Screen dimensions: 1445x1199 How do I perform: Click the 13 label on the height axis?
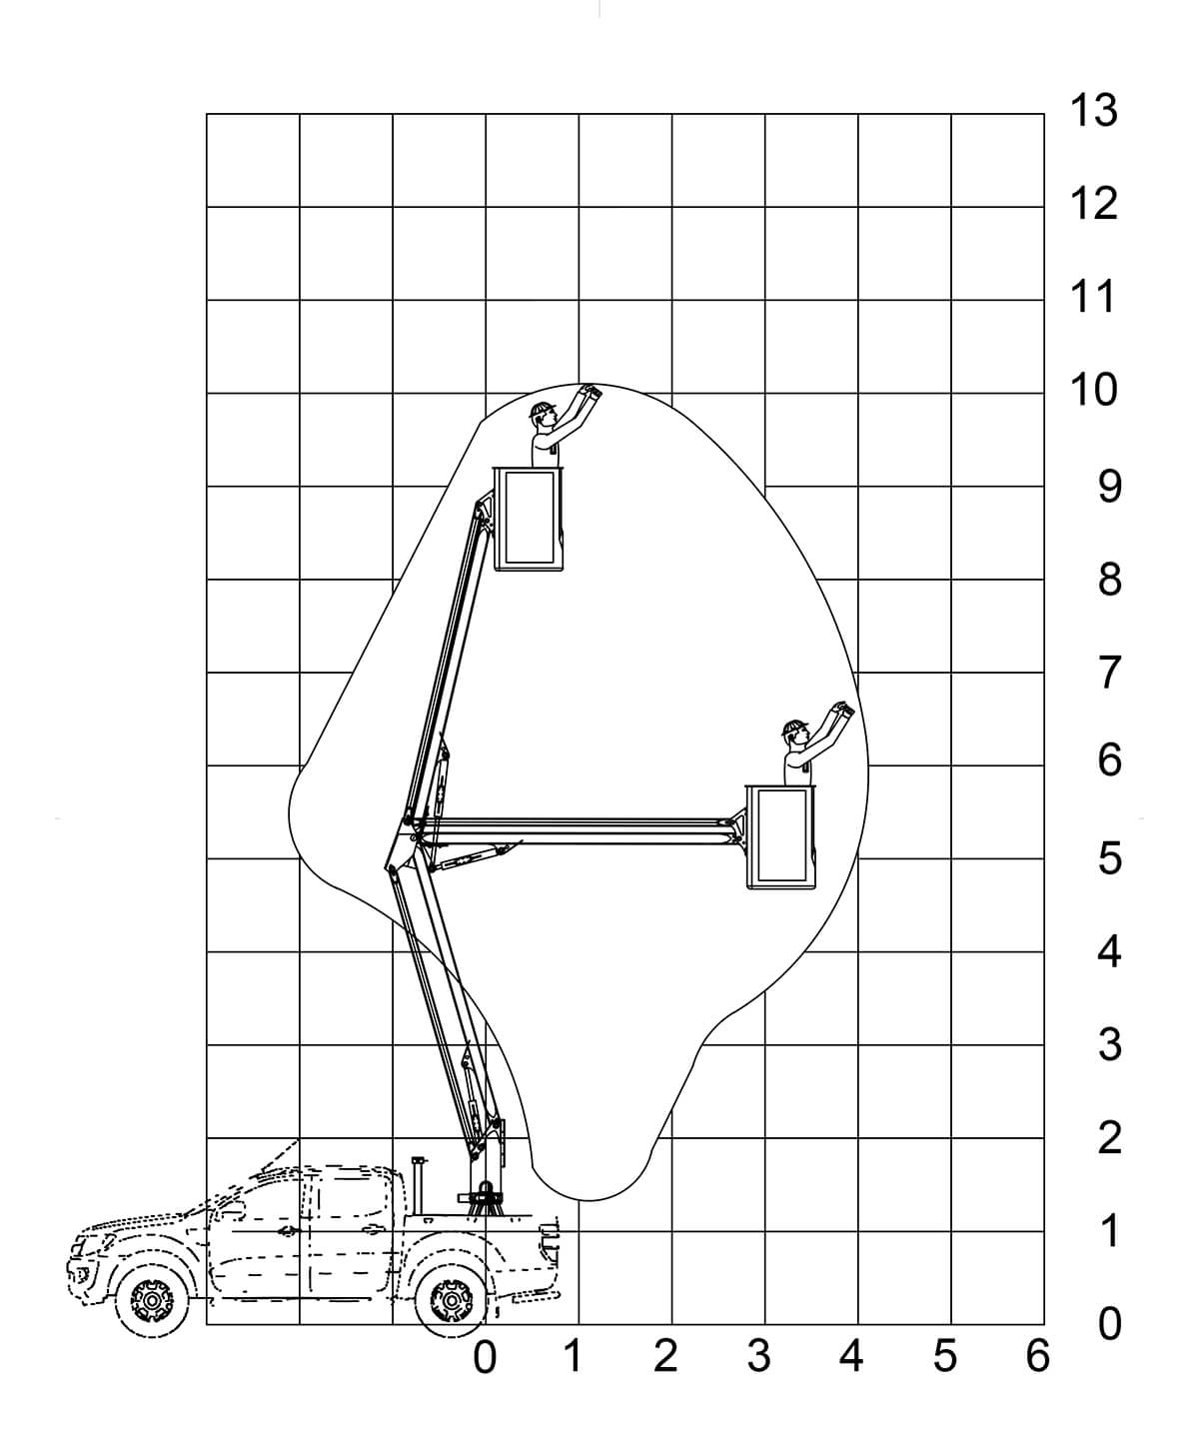click(1093, 110)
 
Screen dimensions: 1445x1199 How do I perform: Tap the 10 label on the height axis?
click(1093, 390)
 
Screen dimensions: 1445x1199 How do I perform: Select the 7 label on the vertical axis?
click(1109, 674)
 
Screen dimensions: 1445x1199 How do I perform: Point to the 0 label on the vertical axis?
click(1109, 1324)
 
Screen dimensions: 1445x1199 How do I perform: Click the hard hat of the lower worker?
click(794, 725)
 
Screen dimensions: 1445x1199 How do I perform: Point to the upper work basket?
click(531, 518)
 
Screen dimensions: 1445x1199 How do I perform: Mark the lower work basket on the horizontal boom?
click(782, 836)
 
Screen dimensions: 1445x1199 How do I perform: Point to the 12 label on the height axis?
click(1093, 204)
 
